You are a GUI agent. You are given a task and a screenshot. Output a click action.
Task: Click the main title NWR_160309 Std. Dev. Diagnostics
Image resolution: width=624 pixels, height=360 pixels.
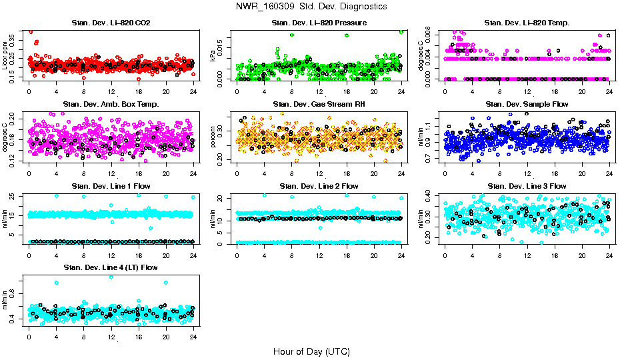pos(311,7)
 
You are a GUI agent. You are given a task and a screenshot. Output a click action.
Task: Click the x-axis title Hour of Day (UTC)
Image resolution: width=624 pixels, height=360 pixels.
pos(311,351)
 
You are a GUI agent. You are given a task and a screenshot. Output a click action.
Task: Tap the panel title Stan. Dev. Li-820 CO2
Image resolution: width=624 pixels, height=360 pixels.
pos(111,23)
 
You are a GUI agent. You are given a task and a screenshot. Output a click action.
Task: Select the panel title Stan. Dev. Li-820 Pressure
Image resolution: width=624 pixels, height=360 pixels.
pos(319,23)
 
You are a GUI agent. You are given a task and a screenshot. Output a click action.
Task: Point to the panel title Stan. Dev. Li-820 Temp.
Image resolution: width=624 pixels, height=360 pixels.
pos(527,23)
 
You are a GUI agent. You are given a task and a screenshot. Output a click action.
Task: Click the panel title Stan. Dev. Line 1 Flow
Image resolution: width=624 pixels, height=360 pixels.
pos(111,186)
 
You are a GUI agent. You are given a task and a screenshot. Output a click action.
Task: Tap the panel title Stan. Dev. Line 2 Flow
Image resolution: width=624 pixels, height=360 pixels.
pos(319,186)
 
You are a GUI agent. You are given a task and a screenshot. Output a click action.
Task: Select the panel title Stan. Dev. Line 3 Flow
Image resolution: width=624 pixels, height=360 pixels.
pos(527,186)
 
